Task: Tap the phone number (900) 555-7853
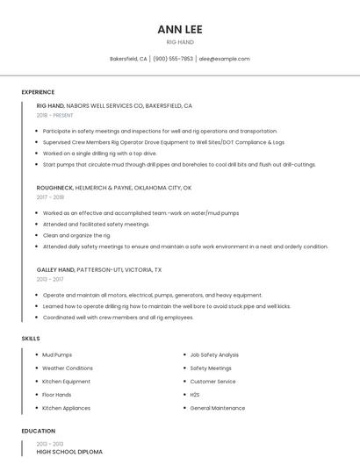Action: coord(173,59)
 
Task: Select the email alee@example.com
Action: coord(224,59)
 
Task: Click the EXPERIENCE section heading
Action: coord(38,92)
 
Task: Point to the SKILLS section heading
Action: coord(31,338)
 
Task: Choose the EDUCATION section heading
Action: coord(39,431)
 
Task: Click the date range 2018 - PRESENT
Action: coord(56,115)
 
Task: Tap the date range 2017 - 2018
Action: coord(50,197)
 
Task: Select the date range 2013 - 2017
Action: coord(50,279)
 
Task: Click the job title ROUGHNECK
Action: coord(56,188)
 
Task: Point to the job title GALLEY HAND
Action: coord(56,269)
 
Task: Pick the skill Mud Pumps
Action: coord(57,354)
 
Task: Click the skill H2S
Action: coord(196,395)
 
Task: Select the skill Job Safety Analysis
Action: coord(215,354)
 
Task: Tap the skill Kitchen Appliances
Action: coord(66,408)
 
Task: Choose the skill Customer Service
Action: coord(212,382)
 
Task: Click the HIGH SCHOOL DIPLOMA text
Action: coord(69,452)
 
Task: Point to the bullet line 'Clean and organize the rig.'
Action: coord(76,235)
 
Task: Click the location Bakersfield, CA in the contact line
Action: coord(128,59)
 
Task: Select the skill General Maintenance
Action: coord(218,408)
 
